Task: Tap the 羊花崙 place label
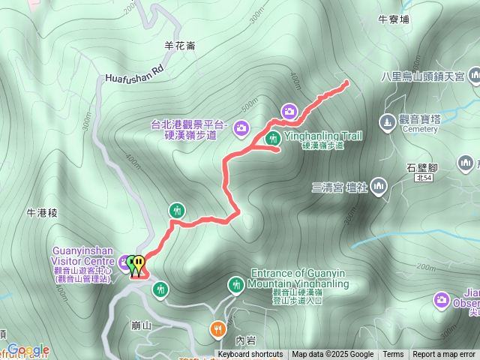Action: (x=180, y=45)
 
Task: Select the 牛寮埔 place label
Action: (x=394, y=19)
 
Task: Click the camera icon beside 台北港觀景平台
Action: (x=241, y=127)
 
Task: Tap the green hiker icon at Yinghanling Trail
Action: (x=274, y=138)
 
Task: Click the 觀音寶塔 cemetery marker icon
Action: (x=387, y=120)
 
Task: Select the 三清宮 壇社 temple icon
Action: (x=378, y=184)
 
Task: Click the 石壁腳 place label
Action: (x=421, y=168)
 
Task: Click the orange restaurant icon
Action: (x=217, y=328)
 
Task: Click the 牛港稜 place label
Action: (x=41, y=213)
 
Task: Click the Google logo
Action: (x=28, y=349)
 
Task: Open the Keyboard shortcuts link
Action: (x=250, y=355)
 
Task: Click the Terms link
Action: (x=393, y=355)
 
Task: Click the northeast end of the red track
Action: (x=346, y=82)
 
